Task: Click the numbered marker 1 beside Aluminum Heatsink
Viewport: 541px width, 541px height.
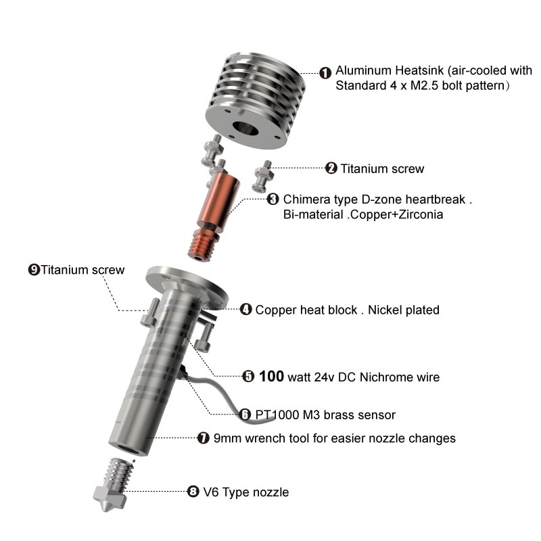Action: point(325,73)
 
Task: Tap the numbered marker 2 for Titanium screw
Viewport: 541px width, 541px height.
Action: point(331,168)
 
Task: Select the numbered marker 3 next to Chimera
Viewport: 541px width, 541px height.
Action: point(273,199)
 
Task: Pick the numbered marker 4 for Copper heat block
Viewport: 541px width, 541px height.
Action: point(245,310)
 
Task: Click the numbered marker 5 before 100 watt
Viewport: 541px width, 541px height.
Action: point(248,377)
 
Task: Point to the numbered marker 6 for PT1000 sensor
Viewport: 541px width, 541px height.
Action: point(245,415)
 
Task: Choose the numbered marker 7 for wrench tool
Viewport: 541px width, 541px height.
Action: point(204,438)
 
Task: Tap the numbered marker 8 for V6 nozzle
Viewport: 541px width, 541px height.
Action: point(193,492)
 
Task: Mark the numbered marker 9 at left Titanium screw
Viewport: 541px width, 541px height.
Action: point(34,269)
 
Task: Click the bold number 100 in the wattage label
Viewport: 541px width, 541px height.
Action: point(272,376)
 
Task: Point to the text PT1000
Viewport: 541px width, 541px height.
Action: point(277,415)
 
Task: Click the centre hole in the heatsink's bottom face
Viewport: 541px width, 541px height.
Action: point(245,128)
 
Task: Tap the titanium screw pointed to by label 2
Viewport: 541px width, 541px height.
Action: point(263,176)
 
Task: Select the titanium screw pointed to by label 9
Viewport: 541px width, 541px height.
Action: point(150,312)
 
